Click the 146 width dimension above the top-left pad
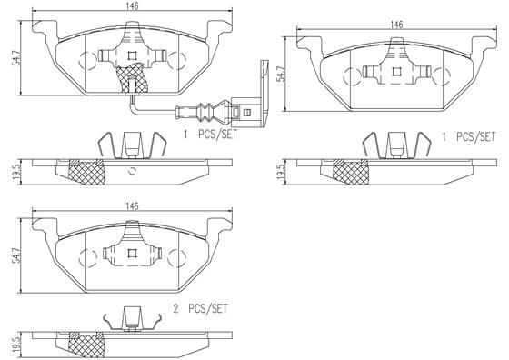(133, 6)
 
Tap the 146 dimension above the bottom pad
(133, 207)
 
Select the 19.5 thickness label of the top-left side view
(11, 171)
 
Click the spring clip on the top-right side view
(395, 144)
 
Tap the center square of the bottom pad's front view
(133, 255)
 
